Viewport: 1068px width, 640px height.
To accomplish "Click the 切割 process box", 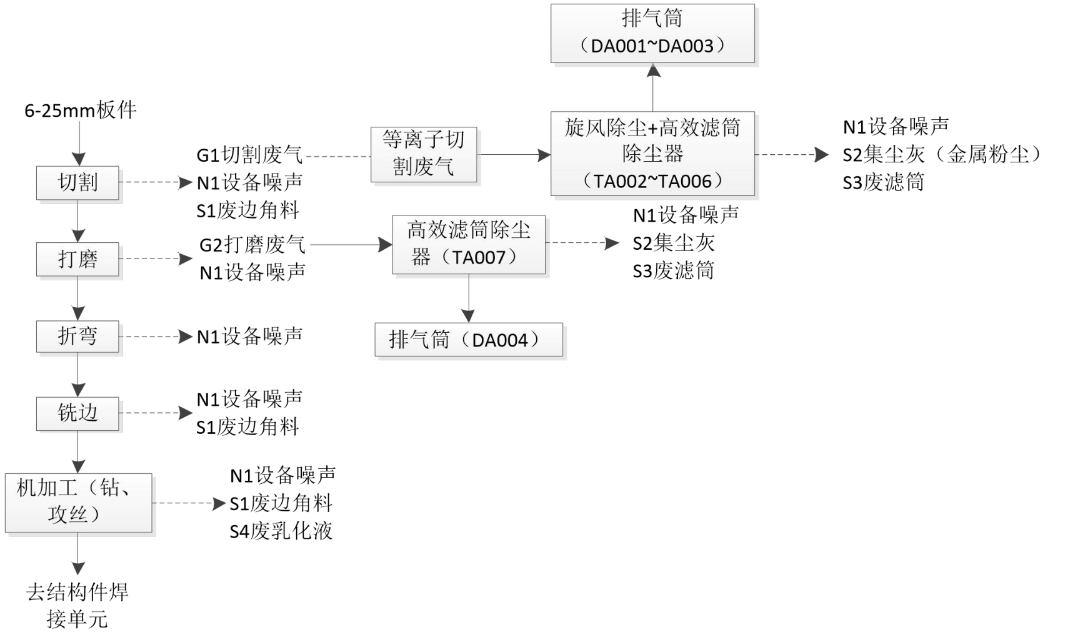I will (77, 183).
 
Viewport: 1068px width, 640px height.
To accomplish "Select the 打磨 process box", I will (77, 258).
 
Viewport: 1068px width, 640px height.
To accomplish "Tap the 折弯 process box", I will (77, 337).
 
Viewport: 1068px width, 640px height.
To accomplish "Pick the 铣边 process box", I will (77, 413).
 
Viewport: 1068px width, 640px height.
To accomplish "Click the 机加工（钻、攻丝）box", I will (78, 503).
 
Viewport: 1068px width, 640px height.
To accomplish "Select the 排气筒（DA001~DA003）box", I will (652, 33).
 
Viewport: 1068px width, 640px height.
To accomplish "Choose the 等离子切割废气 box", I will (424, 154).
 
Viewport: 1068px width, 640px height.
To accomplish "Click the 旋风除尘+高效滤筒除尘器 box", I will (652, 154).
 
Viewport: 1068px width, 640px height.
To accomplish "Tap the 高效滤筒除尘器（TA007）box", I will (468, 244).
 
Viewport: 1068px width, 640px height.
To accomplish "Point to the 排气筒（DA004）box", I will (468, 340).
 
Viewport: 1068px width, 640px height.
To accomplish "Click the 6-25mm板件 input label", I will (80, 111).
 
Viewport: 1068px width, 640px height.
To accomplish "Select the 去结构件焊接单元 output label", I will (77, 605).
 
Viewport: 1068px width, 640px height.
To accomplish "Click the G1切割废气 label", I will (249, 155).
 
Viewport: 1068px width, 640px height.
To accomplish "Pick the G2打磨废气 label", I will (252, 245).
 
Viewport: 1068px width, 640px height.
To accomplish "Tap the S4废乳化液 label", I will (281, 531).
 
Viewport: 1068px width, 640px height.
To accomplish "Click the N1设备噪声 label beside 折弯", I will (249, 337).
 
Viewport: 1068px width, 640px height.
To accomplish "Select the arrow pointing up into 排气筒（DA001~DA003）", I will (653, 87).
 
